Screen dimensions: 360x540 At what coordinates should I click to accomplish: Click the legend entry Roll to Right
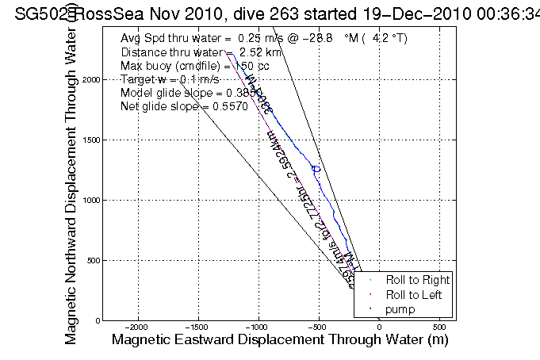[x=417, y=280]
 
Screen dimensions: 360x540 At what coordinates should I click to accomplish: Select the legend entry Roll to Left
[x=414, y=294]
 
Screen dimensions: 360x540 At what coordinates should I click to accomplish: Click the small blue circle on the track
[x=316, y=169]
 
